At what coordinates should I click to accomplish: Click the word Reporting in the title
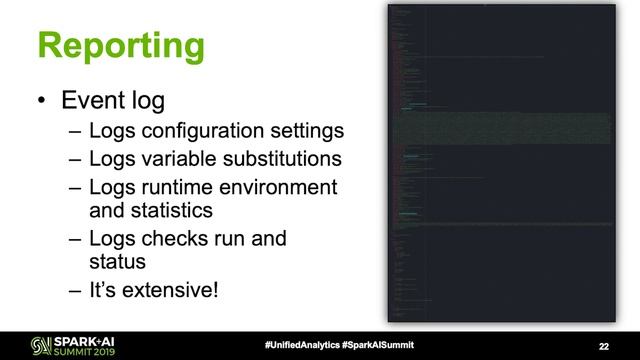[x=120, y=46]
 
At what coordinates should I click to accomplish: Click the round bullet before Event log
[x=40, y=102]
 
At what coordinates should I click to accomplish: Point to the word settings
[x=311, y=132]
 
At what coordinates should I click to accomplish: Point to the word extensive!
[x=171, y=291]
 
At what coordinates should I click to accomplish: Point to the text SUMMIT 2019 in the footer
[x=61, y=350]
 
